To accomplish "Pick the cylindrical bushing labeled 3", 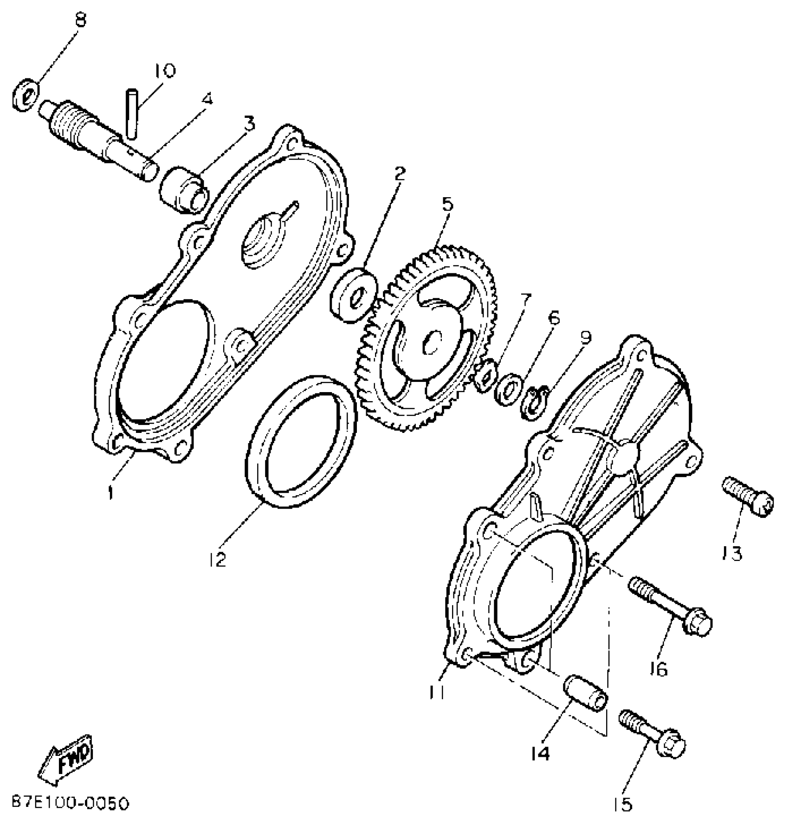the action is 184,192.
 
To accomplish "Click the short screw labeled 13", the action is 748,496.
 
